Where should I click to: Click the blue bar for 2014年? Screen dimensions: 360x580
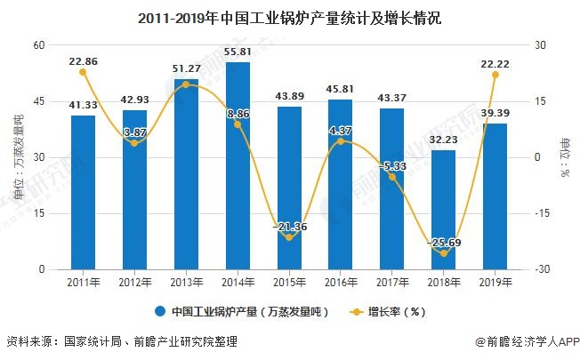tap(238, 166)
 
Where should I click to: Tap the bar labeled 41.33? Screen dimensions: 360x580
tap(83, 192)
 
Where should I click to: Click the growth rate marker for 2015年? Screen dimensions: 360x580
tap(289, 237)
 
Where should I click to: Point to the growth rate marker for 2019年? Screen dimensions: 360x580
tap(495, 75)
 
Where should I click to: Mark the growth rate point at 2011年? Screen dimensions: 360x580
tap(83, 72)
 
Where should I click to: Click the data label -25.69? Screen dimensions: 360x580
tap(443, 242)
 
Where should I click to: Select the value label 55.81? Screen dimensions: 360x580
tap(238, 52)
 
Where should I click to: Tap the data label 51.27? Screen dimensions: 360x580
tap(186, 69)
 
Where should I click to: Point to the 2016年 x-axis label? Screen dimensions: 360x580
tap(340, 282)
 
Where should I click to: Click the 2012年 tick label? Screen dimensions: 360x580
tap(134, 282)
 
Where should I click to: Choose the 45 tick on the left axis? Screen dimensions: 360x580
tap(38, 101)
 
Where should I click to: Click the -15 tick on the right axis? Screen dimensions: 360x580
tap(542, 213)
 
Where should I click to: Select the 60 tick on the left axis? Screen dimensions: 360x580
tap(38, 45)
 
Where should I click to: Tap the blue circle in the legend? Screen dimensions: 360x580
tap(161, 312)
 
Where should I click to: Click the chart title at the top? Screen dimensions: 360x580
tap(290, 17)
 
